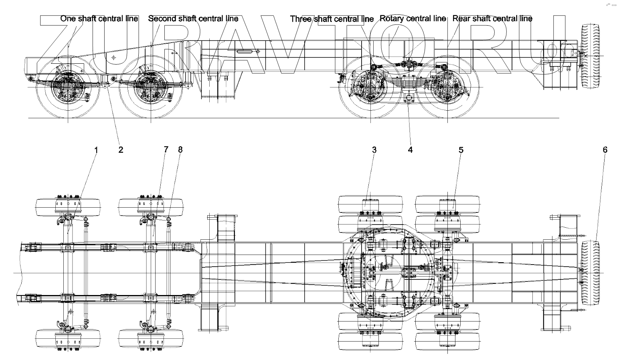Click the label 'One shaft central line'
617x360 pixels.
coord(99,19)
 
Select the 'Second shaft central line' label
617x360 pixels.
coord(193,19)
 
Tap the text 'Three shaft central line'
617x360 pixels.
coord(332,19)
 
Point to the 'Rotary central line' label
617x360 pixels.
coord(413,19)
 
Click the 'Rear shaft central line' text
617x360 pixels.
coord(492,19)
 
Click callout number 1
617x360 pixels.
coord(96,150)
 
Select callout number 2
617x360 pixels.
coord(121,150)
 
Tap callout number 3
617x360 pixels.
coord(374,150)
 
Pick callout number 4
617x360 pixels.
coord(410,150)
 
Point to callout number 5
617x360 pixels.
coord(461,150)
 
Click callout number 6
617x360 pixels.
coord(605,150)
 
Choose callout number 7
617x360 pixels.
coord(166,150)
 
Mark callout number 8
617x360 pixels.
coord(180,150)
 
